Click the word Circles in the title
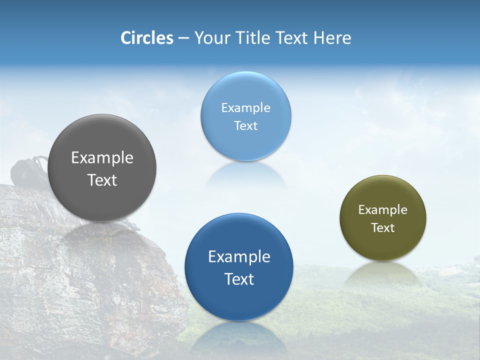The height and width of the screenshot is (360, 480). pos(147,38)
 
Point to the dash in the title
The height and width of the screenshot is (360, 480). pos(183,38)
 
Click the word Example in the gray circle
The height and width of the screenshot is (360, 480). pos(102,158)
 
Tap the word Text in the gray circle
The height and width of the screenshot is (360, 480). pos(102,180)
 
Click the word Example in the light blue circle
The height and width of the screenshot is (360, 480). pos(245,108)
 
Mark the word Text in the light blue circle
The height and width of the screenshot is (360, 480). pos(245,125)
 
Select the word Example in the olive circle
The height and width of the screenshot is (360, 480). pos(383,210)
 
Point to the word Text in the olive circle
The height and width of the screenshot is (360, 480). pos(383,228)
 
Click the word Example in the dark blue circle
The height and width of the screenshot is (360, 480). pos(239,257)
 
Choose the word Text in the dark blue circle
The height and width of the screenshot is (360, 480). pos(239,279)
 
